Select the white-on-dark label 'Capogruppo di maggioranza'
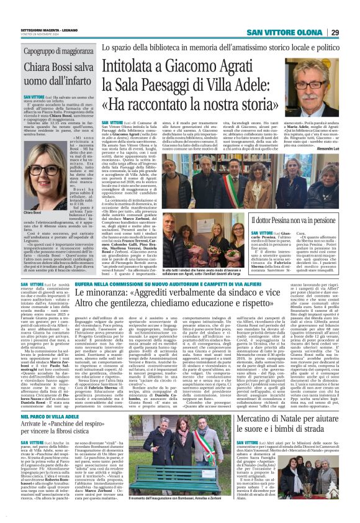tap(56, 52)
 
